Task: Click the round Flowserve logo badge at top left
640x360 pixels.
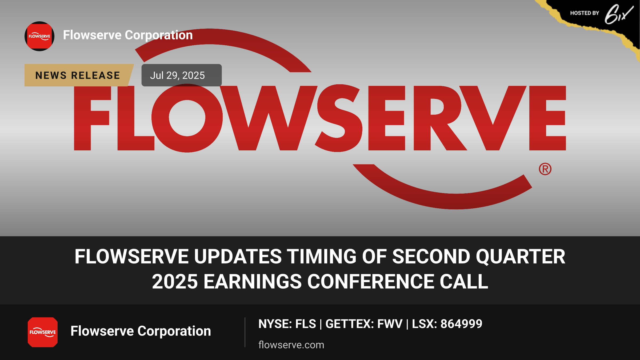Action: click(39, 36)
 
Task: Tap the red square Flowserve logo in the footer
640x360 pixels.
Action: click(43, 332)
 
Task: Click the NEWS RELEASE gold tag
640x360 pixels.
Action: click(78, 75)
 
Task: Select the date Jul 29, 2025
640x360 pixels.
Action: click(177, 75)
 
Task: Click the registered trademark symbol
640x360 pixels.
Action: click(545, 169)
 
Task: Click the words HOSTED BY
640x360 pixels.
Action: click(585, 13)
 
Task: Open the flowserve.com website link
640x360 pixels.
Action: click(291, 345)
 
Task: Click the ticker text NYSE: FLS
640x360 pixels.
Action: click(287, 324)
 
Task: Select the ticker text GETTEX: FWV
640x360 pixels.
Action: click(364, 324)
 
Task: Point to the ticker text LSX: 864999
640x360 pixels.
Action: click(447, 324)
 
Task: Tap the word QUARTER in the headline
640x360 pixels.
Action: click(521, 257)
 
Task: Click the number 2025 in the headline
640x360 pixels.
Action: click(175, 282)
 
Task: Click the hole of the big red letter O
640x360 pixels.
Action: click(187, 118)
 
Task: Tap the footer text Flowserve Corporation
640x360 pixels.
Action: click(141, 331)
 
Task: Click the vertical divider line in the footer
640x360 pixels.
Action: click(245, 332)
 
